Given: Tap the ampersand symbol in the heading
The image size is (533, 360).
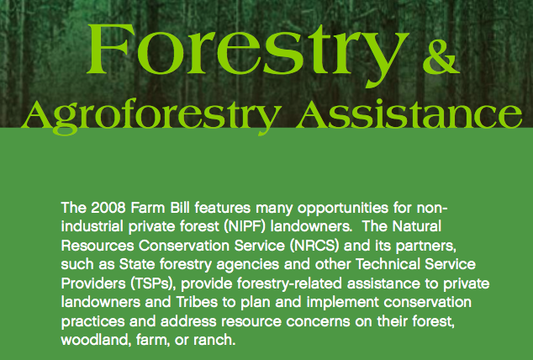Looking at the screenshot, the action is (x=441, y=57).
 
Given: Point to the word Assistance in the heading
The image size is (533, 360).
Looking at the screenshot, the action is (x=409, y=114).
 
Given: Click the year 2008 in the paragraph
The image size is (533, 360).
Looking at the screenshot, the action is (x=108, y=208).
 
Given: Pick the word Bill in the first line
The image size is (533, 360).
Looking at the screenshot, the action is (x=180, y=208).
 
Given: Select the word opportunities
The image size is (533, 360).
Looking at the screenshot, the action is (x=343, y=209).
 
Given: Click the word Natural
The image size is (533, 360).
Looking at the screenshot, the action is (x=417, y=226).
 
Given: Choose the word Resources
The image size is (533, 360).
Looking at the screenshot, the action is (x=98, y=246).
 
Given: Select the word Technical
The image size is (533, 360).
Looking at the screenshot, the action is (x=388, y=264).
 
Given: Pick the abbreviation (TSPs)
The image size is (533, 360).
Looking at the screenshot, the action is (x=153, y=283).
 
